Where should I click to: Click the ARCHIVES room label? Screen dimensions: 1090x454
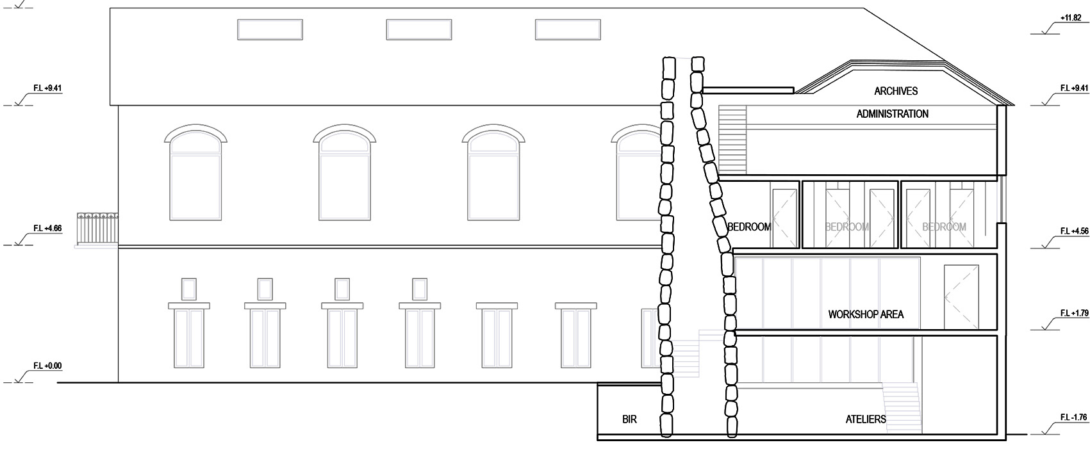pyautogui.click(x=896, y=91)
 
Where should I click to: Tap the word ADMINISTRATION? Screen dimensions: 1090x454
pyautogui.click(x=892, y=114)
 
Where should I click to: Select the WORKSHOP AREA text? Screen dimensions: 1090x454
pyautogui.click(x=866, y=314)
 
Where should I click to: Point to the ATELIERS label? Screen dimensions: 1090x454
pyautogui.click(x=866, y=419)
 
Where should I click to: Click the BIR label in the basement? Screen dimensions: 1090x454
pyautogui.click(x=629, y=419)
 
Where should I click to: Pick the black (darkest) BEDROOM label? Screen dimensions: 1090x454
pyautogui.click(x=748, y=227)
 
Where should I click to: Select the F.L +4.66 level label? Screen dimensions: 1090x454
pyautogui.click(x=47, y=228)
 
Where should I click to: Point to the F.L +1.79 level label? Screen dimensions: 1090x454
pyautogui.click(x=1073, y=313)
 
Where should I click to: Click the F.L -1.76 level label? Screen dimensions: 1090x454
pyautogui.click(x=1073, y=418)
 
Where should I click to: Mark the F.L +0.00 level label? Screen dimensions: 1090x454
pyautogui.click(x=47, y=366)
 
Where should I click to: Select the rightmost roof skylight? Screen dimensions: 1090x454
pyautogui.click(x=567, y=29)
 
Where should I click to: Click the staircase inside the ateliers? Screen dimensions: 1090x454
pyautogui.click(x=902, y=407)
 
